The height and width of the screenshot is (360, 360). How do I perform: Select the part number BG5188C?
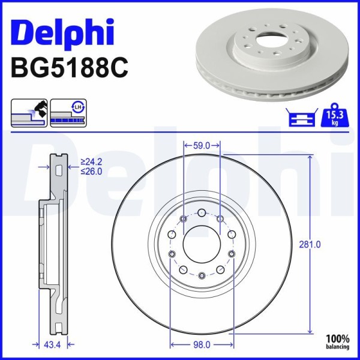[x=70, y=68]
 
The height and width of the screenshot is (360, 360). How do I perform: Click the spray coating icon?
[x=29, y=112]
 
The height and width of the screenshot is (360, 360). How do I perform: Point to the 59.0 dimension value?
[x=202, y=145]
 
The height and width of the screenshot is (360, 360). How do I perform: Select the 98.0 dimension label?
[x=202, y=345]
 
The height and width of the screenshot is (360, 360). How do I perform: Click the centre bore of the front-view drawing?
[x=202, y=244]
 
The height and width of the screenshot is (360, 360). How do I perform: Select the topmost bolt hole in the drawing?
[x=202, y=212]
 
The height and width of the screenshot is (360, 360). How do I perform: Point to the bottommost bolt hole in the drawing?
[x=202, y=275]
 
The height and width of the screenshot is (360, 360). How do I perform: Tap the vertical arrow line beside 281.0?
[x=310, y=198]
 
